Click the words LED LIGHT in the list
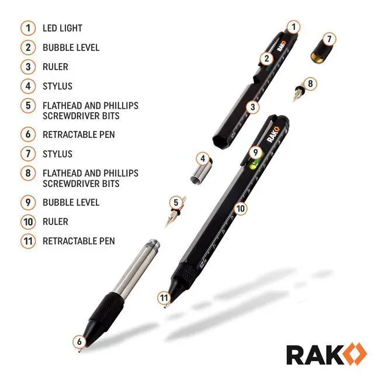pyautogui.click(x=63, y=28)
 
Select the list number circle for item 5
pyautogui.click(x=27, y=106)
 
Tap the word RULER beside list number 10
pyautogui.click(x=56, y=221)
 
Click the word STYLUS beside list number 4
pyautogui.click(x=57, y=86)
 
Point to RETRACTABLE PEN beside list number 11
pyautogui.click(x=78, y=241)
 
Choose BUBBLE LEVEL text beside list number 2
pyautogui.click(x=71, y=47)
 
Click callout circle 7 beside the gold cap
pyautogui.click(x=329, y=39)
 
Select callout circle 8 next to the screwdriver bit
pyautogui.click(x=310, y=84)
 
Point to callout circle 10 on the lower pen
pyautogui.click(x=241, y=208)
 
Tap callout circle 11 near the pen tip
pyautogui.click(x=165, y=297)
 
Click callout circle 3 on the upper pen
pyautogui.click(x=252, y=107)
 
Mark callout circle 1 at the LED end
pyautogui.click(x=294, y=26)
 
